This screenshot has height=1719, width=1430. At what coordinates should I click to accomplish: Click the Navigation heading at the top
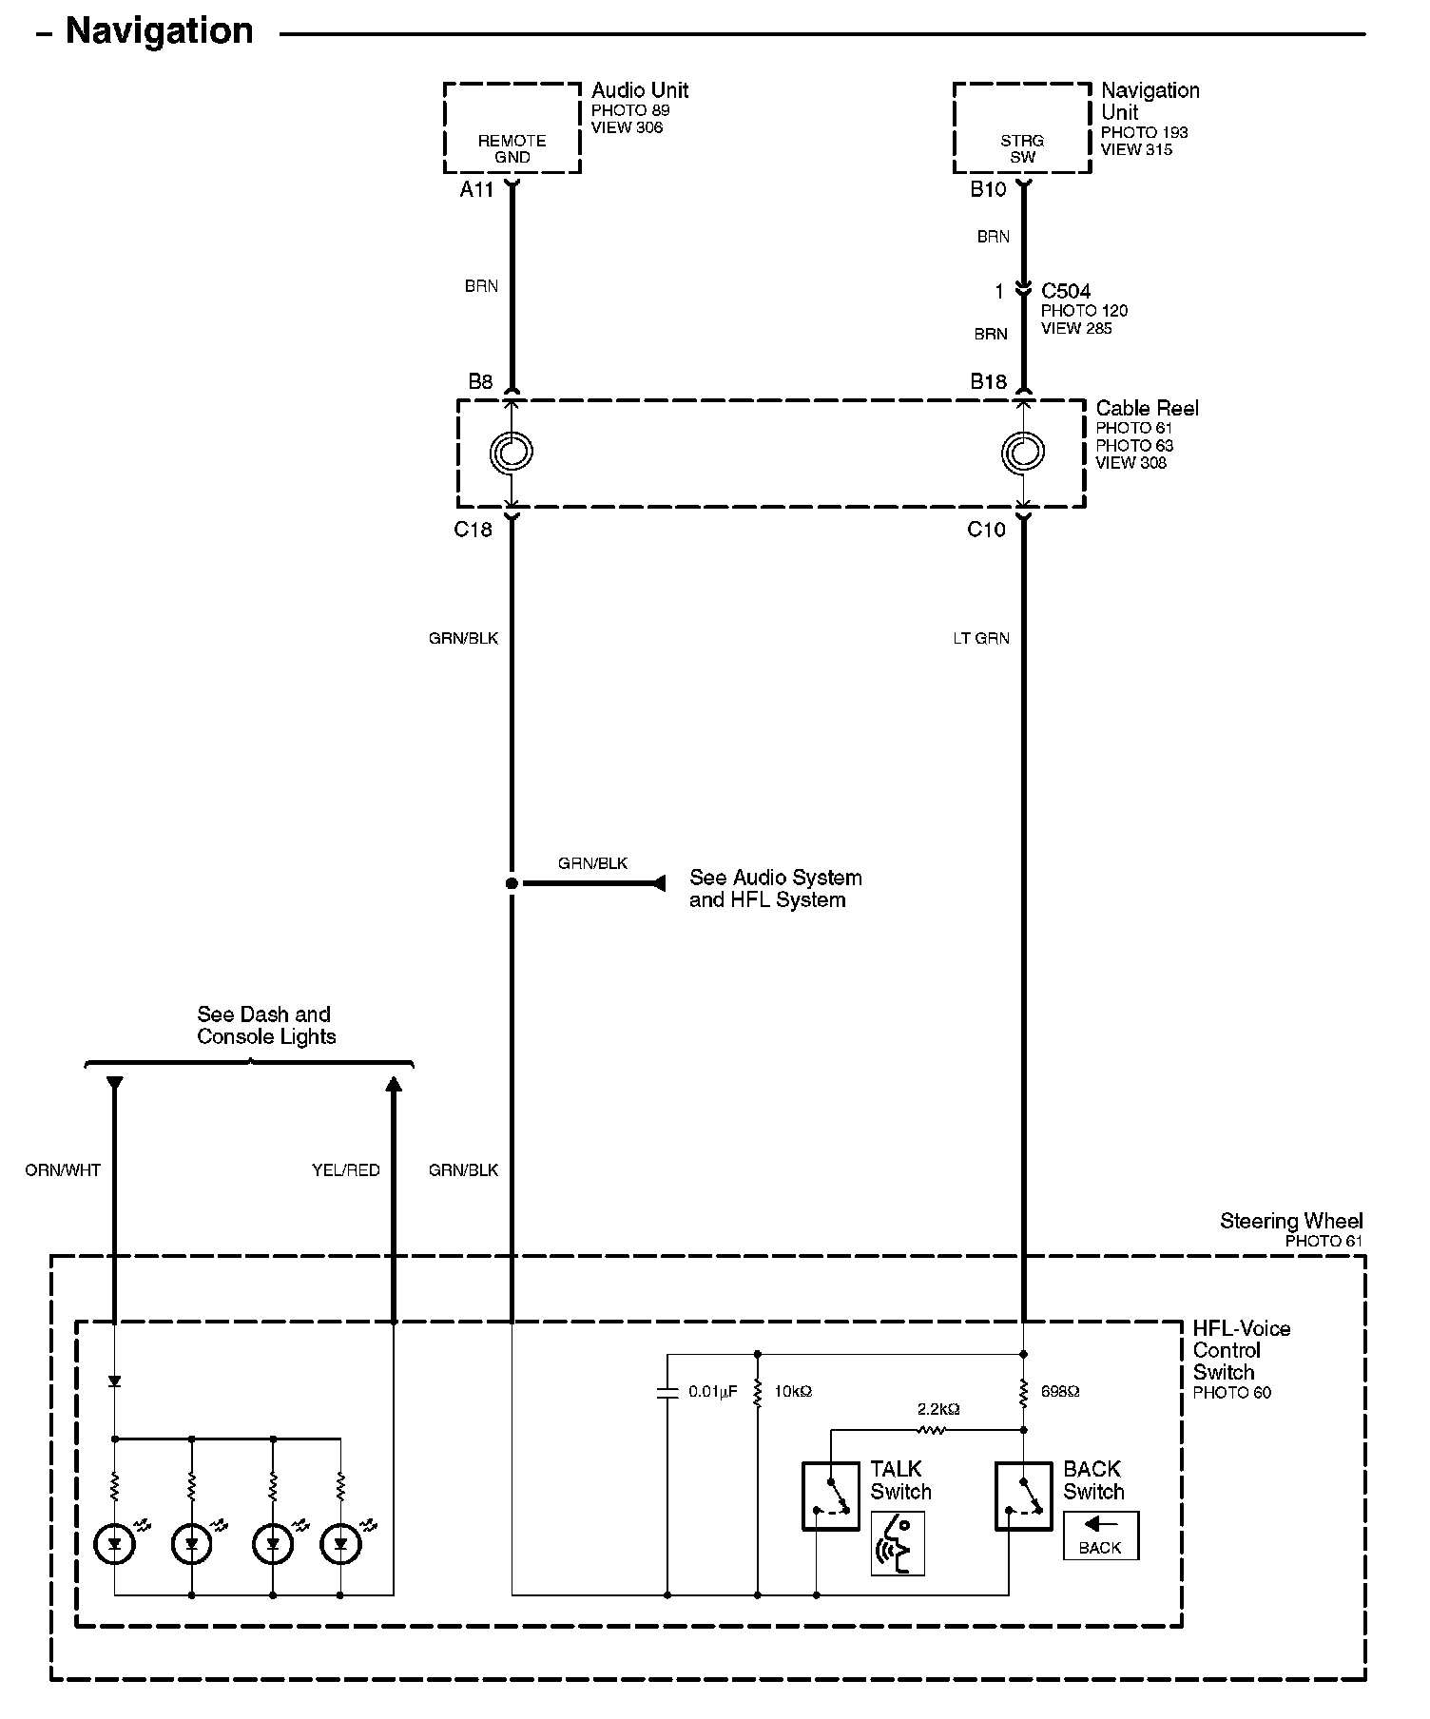(159, 32)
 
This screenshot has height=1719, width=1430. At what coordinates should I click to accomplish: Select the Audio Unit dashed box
(512, 128)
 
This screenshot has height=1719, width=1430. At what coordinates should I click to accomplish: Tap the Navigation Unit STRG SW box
(1022, 128)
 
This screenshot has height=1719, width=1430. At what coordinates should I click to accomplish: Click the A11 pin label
(476, 190)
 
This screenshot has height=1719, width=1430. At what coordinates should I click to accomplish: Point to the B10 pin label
(988, 190)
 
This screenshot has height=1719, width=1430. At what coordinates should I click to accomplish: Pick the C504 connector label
(1065, 291)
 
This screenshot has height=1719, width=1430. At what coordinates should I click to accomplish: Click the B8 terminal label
(480, 382)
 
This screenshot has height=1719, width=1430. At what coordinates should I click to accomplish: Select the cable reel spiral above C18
(512, 453)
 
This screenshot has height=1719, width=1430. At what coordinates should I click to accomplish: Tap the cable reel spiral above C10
(1023, 453)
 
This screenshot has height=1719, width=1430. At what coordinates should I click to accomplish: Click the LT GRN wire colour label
(981, 639)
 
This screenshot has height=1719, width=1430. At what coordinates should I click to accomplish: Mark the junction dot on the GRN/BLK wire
(512, 883)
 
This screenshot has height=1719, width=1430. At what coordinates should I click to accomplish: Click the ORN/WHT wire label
(63, 1170)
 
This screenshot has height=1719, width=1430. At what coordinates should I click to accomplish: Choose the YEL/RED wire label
(346, 1170)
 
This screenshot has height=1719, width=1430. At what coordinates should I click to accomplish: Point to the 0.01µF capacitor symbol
(667, 1393)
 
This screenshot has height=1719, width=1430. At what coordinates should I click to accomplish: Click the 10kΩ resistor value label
(793, 1392)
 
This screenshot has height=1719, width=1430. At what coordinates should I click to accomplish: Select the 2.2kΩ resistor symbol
(932, 1429)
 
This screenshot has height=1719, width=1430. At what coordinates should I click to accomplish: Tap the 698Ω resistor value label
(1060, 1392)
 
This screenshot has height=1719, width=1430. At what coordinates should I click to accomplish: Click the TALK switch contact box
(831, 1496)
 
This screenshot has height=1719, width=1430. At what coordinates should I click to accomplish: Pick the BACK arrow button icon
(1100, 1536)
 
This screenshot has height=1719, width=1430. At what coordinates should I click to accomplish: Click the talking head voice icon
(898, 1542)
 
